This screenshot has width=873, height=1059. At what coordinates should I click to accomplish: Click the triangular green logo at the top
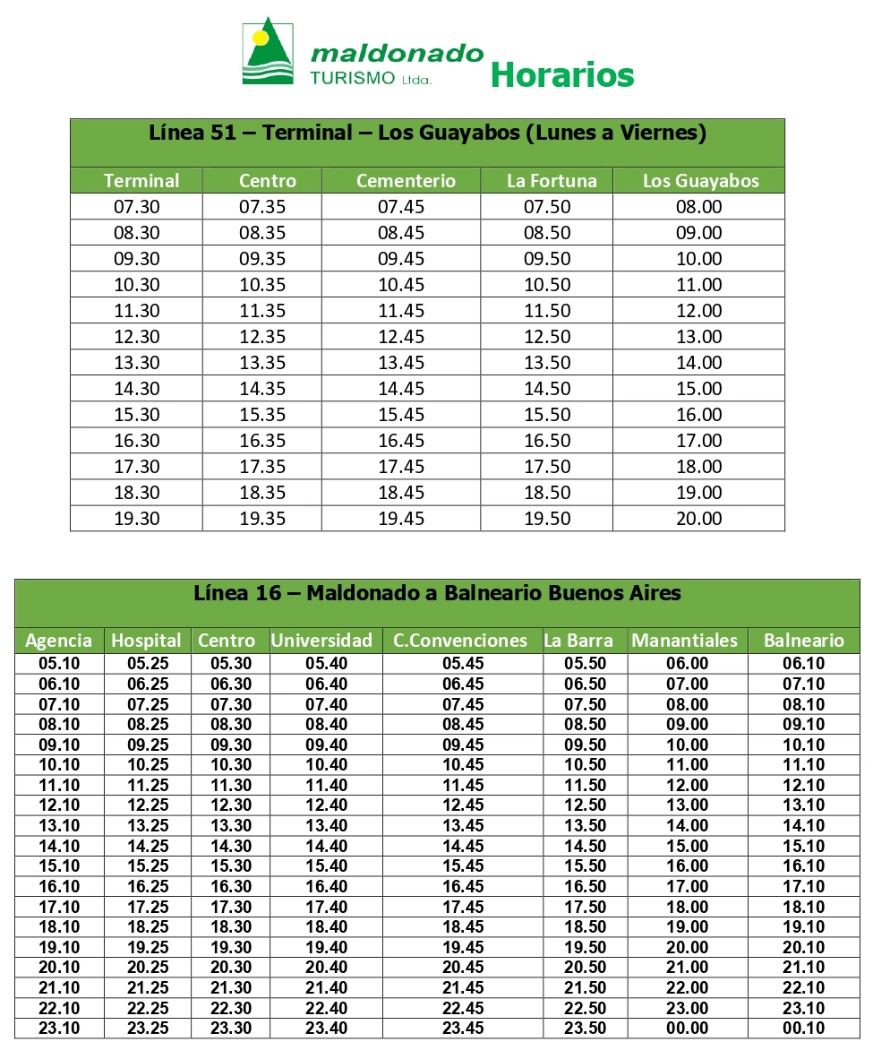coord(269,52)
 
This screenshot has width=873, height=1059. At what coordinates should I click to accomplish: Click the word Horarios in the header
coord(562,74)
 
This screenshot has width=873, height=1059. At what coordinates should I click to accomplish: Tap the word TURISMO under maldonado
coord(352,78)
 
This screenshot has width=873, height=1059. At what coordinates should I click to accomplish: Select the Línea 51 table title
coord(427,133)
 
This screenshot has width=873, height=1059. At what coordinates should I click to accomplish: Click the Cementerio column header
coord(406,181)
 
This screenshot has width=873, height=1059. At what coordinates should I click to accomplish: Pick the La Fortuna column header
coord(552,181)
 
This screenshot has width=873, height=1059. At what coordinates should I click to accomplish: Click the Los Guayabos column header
coord(700,181)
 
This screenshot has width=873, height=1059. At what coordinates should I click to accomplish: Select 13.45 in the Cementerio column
coord(400,363)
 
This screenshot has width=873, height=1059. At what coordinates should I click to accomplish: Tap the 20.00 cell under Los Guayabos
coord(699,519)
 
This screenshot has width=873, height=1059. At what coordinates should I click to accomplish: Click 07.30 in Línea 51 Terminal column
coord(137,207)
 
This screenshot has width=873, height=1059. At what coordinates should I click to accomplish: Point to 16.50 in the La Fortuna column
coord(547,441)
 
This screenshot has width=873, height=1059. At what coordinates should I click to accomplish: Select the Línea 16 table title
coord(437,593)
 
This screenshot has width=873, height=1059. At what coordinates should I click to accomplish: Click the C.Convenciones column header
coord(460,641)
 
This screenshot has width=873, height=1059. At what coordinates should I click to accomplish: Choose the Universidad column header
coord(321,641)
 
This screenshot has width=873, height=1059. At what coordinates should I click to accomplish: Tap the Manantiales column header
coord(684,641)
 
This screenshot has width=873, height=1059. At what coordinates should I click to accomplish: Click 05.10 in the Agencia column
coord(59,664)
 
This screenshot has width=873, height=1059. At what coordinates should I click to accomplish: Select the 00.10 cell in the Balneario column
coord(803,1029)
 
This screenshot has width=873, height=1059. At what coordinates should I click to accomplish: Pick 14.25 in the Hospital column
coord(148,846)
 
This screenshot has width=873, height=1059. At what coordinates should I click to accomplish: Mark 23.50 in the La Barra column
coord(585,1029)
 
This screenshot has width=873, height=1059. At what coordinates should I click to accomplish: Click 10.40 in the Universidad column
coord(326,765)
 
